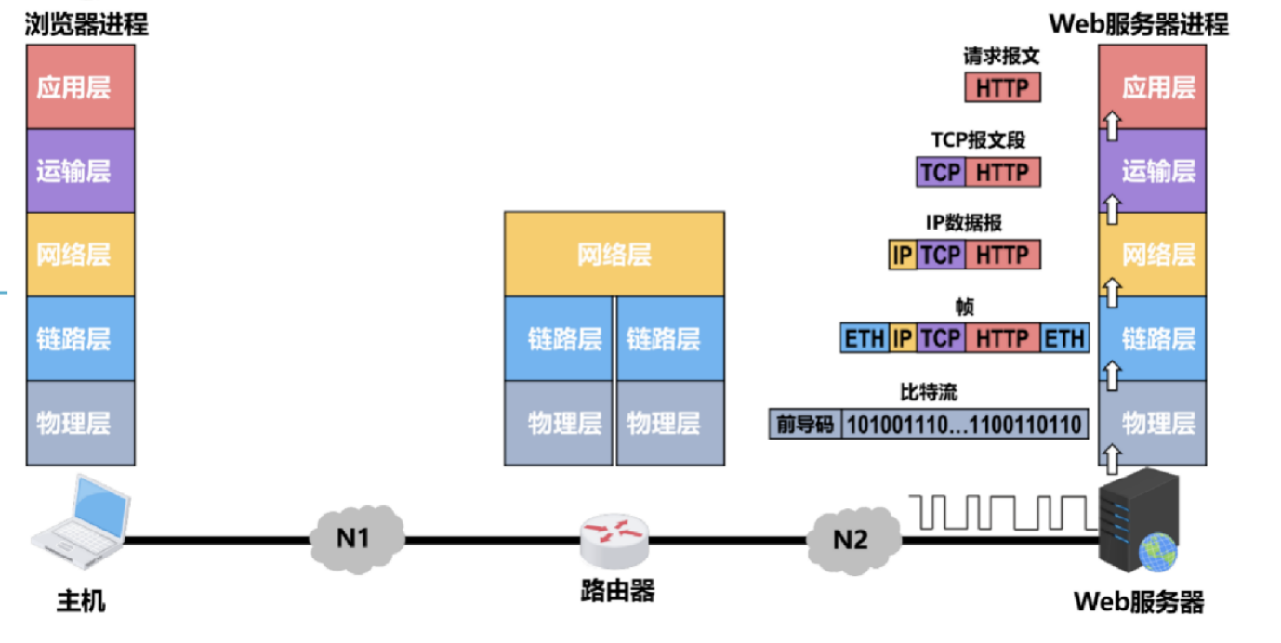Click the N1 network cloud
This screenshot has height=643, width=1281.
357,538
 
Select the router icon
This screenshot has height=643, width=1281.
614,542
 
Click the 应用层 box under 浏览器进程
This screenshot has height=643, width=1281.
81,87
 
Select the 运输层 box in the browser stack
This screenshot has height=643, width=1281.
81,171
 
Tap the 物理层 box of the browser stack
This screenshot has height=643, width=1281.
81,424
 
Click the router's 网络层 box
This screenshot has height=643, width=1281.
614,255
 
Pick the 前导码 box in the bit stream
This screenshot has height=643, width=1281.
805,426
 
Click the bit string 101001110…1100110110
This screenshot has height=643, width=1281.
964,426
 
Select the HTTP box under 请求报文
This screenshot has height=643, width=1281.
1002,88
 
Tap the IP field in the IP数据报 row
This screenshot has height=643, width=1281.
902,255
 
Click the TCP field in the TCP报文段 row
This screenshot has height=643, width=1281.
941,172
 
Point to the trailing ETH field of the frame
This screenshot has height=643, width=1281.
1064,338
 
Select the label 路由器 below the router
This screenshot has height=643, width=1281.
614,591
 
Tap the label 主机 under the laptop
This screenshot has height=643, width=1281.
81,601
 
